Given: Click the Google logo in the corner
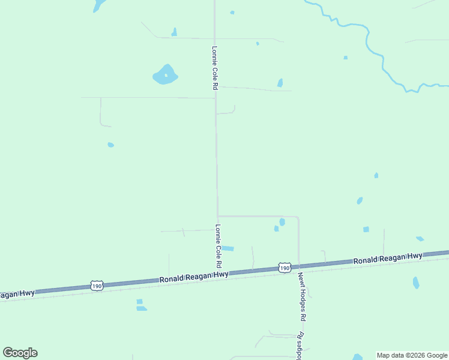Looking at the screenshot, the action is tap(20, 353).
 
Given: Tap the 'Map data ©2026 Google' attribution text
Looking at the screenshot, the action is tap(412, 355).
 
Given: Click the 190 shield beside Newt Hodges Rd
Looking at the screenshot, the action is tap(285, 267).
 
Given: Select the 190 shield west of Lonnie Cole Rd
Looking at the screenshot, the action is tap(97, 286).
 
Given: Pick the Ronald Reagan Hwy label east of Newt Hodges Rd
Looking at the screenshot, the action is tap(387, 259).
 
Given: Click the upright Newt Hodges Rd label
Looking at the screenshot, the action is tap(303, 297).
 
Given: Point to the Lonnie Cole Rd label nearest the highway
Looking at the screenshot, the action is tap(218, 246).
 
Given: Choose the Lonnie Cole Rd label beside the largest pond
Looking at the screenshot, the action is tap(214, 68).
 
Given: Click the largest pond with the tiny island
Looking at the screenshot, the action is tap(165, 75).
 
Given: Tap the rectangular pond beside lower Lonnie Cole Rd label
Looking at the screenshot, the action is tap(228, 248).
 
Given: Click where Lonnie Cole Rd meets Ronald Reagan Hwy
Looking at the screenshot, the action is tap(218, 274).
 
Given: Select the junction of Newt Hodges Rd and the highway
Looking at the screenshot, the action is tap(299, 266).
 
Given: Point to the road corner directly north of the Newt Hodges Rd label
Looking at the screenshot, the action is tap(298, 217).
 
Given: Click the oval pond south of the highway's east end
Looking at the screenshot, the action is tap(416, 282).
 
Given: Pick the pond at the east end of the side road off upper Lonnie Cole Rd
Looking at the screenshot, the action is tap(280, 83).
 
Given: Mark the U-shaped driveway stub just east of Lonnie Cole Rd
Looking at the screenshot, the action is tap(228, 111).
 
